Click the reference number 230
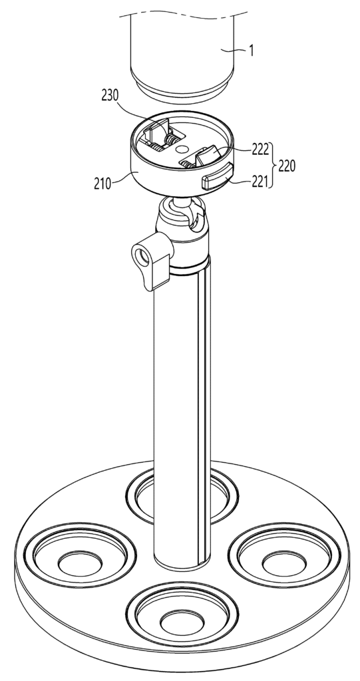(110, 95)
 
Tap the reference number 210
(102, 184)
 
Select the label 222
(261, 150)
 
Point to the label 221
(260, 181)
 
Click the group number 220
(287, 166)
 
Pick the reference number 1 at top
(251, 51)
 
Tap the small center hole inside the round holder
(180, 148)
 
